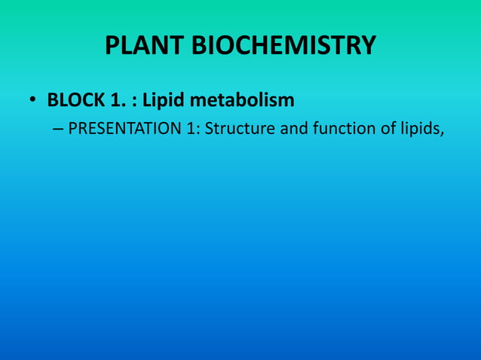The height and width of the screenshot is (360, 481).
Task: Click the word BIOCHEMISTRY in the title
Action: (283, 47)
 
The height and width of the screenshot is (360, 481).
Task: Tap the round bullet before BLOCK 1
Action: (33, 100)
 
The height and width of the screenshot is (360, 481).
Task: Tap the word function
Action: (346, 129)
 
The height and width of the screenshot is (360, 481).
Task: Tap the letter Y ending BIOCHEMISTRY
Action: (367, 47)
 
